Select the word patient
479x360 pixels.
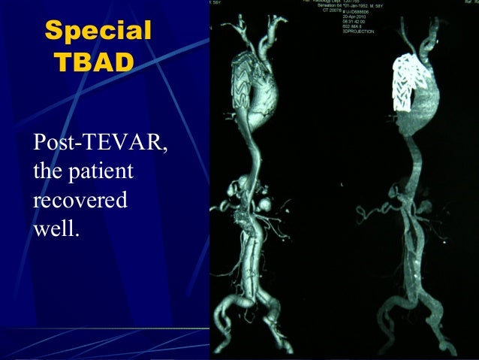pos(98,172)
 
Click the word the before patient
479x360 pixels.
pos(47,172)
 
